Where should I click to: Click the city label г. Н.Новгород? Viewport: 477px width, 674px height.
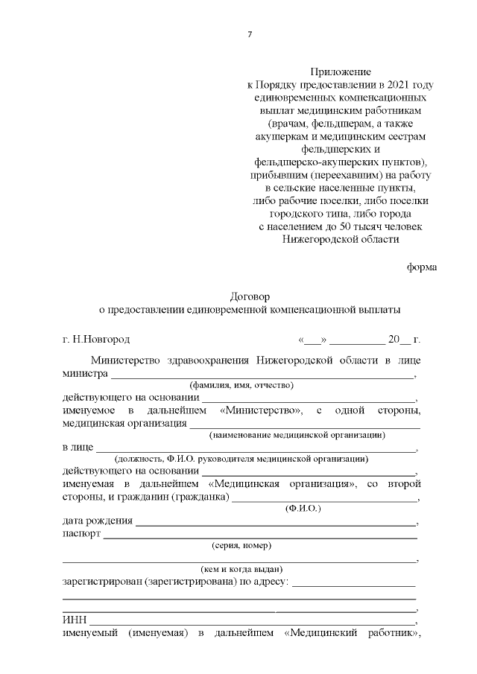pyautogui.click(x=96, y=340)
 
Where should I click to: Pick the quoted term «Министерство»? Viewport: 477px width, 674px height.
pyautogui.click(x=261, y=410)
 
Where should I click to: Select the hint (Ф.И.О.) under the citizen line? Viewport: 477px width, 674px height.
pyautogui.click(x=303, y=508)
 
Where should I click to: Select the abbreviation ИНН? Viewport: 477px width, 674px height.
pyautogui.click(x=74, y=620)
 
